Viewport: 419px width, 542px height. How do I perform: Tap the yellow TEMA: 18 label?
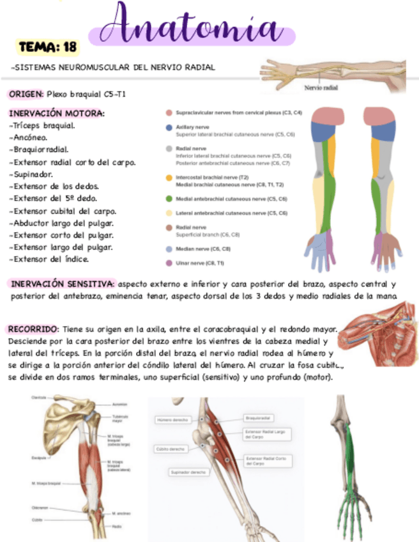click(x=48, y=47)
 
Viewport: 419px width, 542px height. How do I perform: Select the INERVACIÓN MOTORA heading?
click(x=57, y=114)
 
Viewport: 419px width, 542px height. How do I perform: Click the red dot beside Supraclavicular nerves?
click(x=169, y=113)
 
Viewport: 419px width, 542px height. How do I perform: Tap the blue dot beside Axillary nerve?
click(x=169, y=128)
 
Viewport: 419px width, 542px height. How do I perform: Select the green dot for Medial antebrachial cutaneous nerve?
click(x=169, y=199)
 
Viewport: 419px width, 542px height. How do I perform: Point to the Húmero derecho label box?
click(x=174, y=420)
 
